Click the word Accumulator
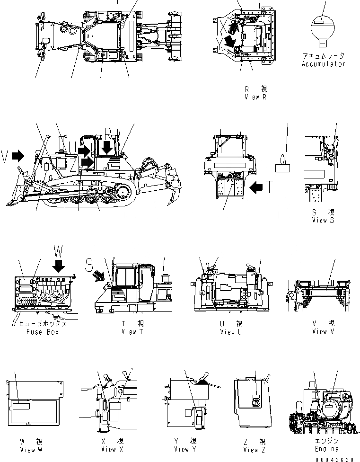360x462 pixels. point(324,64)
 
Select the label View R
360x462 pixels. point(255,97)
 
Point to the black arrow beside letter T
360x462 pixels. point(257,187)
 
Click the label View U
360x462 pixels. point(230,332)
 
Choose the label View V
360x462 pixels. point(323,331)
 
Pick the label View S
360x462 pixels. point(323,220)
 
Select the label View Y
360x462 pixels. point(184,449)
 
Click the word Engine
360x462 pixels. point(327,449)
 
